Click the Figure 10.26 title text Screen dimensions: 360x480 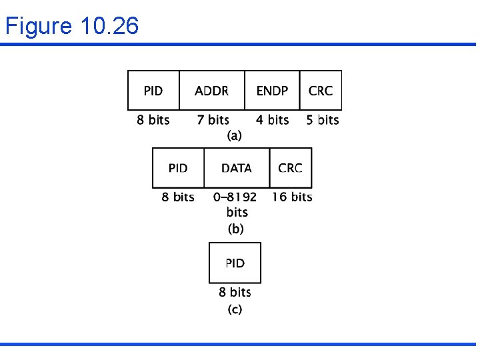point(72,27)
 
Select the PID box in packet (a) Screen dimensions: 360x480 point(153,91)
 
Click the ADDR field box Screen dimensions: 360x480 point(212,91)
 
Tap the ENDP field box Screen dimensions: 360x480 point(272,91)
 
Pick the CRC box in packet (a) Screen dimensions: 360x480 point(321,91)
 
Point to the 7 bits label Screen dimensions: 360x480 point(213,120)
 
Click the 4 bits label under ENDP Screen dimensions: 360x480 point(273,120)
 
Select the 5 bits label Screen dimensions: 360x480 point(323,120)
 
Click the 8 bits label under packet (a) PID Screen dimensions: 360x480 point(153,120)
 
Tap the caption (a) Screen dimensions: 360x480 point(235,135)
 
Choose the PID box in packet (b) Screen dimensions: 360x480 point(178,168)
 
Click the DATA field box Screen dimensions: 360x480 point(237,168)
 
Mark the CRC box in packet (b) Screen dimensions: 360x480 point(290,168)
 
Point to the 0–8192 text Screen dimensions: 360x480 point(235,197)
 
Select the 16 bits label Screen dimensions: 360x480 point(292,197)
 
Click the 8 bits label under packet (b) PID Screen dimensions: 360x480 point(178,197)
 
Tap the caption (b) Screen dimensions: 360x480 point(236,229)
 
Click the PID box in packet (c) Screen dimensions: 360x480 point(235,263)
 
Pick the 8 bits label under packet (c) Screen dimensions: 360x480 point(235,292)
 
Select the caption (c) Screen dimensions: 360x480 point(235,309)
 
